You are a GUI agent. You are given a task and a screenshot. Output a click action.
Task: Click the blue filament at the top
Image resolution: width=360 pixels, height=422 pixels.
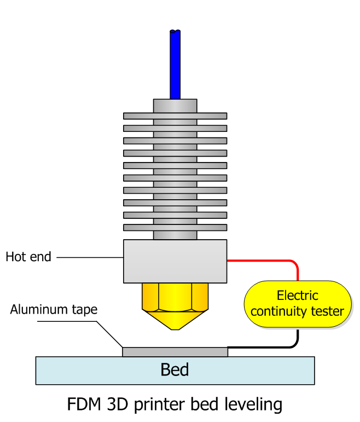[x=175, y=66]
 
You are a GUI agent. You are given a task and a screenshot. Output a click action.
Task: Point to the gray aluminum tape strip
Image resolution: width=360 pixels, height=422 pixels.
[x=175, y=351]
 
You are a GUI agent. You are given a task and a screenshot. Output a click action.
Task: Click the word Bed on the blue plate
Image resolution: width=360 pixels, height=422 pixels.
[x=175, y=370]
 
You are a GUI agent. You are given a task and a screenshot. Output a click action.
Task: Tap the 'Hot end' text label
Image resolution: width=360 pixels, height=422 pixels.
[x=28, y=257]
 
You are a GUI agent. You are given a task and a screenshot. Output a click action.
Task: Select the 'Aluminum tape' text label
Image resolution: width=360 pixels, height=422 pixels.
[x=54, y=310]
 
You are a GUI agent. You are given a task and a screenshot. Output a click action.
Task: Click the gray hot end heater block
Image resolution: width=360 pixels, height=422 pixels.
[x=175, y=261]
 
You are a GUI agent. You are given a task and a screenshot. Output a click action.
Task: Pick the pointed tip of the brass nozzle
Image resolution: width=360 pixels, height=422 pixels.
[x=175, y=328]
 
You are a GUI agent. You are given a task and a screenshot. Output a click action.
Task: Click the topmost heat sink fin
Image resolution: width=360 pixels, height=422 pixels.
[x=175, y=116]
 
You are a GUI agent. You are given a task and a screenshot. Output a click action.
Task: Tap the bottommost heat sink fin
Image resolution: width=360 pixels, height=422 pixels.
[x=175, y=227]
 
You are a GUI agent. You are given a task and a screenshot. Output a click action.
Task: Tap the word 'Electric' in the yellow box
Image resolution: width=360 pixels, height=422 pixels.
[x=297, y=296]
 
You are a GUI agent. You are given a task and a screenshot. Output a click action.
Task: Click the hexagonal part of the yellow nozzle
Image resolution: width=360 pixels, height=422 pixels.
[x=175, y=299]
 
